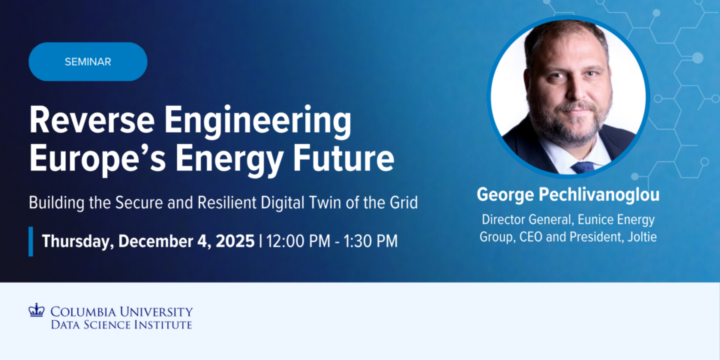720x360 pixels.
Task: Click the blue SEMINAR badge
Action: (88, 61)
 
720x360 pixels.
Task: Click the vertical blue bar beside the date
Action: (31, 241)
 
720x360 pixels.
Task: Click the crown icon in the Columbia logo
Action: (37, 310)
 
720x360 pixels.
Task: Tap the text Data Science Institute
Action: (121, 325)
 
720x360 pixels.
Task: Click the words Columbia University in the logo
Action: (121, 311)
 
